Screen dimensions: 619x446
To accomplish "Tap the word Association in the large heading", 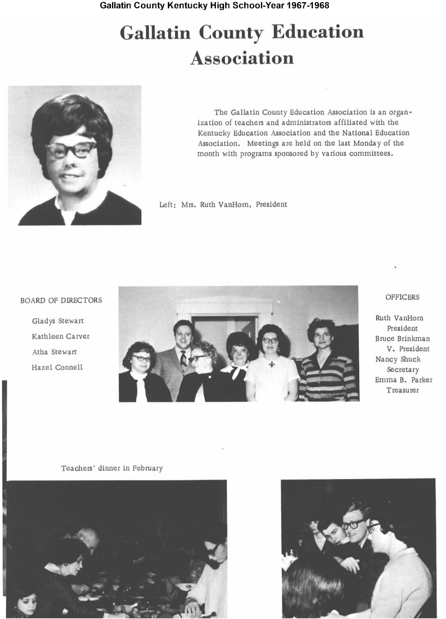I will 241,57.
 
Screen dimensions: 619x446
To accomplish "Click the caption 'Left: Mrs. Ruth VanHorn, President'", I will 223,205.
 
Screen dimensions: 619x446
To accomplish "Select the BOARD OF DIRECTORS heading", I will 61,300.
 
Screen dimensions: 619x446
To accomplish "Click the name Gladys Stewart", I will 58,321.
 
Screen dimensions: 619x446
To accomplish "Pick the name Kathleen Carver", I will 60,336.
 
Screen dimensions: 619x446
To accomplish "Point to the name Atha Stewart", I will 55,352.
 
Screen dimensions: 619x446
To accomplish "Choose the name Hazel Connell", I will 57,367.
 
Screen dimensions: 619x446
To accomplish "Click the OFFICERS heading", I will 402,297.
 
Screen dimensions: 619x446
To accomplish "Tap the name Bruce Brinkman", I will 403,338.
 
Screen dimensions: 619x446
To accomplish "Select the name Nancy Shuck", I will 398,359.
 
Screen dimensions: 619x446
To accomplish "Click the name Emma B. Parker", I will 404,380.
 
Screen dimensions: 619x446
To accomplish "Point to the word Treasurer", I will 403,390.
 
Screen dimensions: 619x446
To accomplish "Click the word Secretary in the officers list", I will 403,369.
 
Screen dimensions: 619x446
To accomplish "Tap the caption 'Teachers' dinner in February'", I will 111,468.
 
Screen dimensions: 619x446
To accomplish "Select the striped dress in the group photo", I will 328,379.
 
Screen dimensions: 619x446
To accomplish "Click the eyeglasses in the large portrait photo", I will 71,149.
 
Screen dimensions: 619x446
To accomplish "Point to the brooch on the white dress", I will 272,364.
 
